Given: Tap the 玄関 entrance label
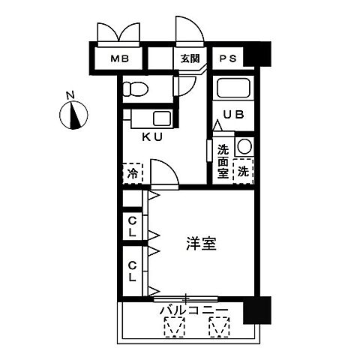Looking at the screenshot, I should point(189,58).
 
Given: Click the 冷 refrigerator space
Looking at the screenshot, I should point(132,173).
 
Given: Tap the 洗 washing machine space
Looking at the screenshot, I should point(243,170).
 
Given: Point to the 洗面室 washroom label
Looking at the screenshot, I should point(223,160).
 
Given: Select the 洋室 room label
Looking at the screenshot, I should point(202,244).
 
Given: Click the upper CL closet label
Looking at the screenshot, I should point(131,226).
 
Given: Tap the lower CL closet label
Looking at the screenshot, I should point(131,270).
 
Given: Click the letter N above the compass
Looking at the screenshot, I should point(70,94).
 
